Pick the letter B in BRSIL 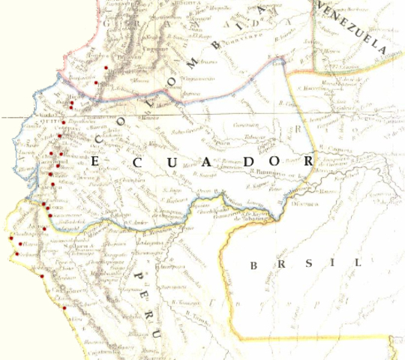(256, 264)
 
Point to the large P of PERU (138, 280)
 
